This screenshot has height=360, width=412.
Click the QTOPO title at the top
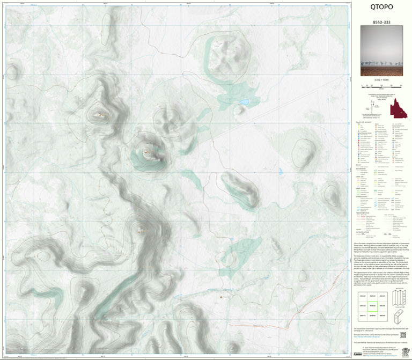tap(381, 7)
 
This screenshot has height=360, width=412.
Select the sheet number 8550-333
tap(381, 22)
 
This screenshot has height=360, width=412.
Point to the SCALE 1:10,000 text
tap(381, 80)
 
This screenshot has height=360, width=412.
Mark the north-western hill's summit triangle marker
tap(100, 114)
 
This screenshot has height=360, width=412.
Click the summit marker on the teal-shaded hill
tap(145, 152)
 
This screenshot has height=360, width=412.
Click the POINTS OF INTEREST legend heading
tap(362, 123)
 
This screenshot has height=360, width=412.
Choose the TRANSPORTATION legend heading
tap(363, 213)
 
